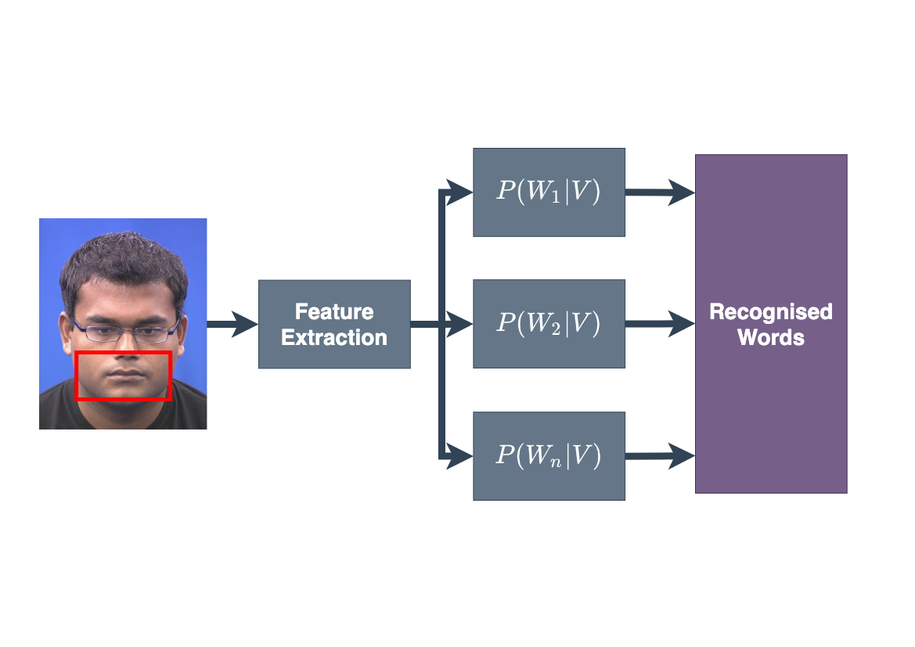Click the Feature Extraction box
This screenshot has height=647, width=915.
(334, 324)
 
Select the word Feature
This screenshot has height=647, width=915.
(334, 311)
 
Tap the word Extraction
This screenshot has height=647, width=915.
(334, 337)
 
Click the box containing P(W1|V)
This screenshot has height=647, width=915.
(549, 192)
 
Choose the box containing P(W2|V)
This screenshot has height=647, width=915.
(549, 324)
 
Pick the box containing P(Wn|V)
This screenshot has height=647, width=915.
(549, 456)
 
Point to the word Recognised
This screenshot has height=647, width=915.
(771, 311)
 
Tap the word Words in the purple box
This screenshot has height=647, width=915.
(771, 337)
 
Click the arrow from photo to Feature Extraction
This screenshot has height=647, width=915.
(232, 324)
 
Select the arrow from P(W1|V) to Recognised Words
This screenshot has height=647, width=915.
(660, 192)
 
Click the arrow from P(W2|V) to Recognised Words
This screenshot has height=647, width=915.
(660, 324)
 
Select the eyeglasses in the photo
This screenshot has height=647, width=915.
(125, 332)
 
